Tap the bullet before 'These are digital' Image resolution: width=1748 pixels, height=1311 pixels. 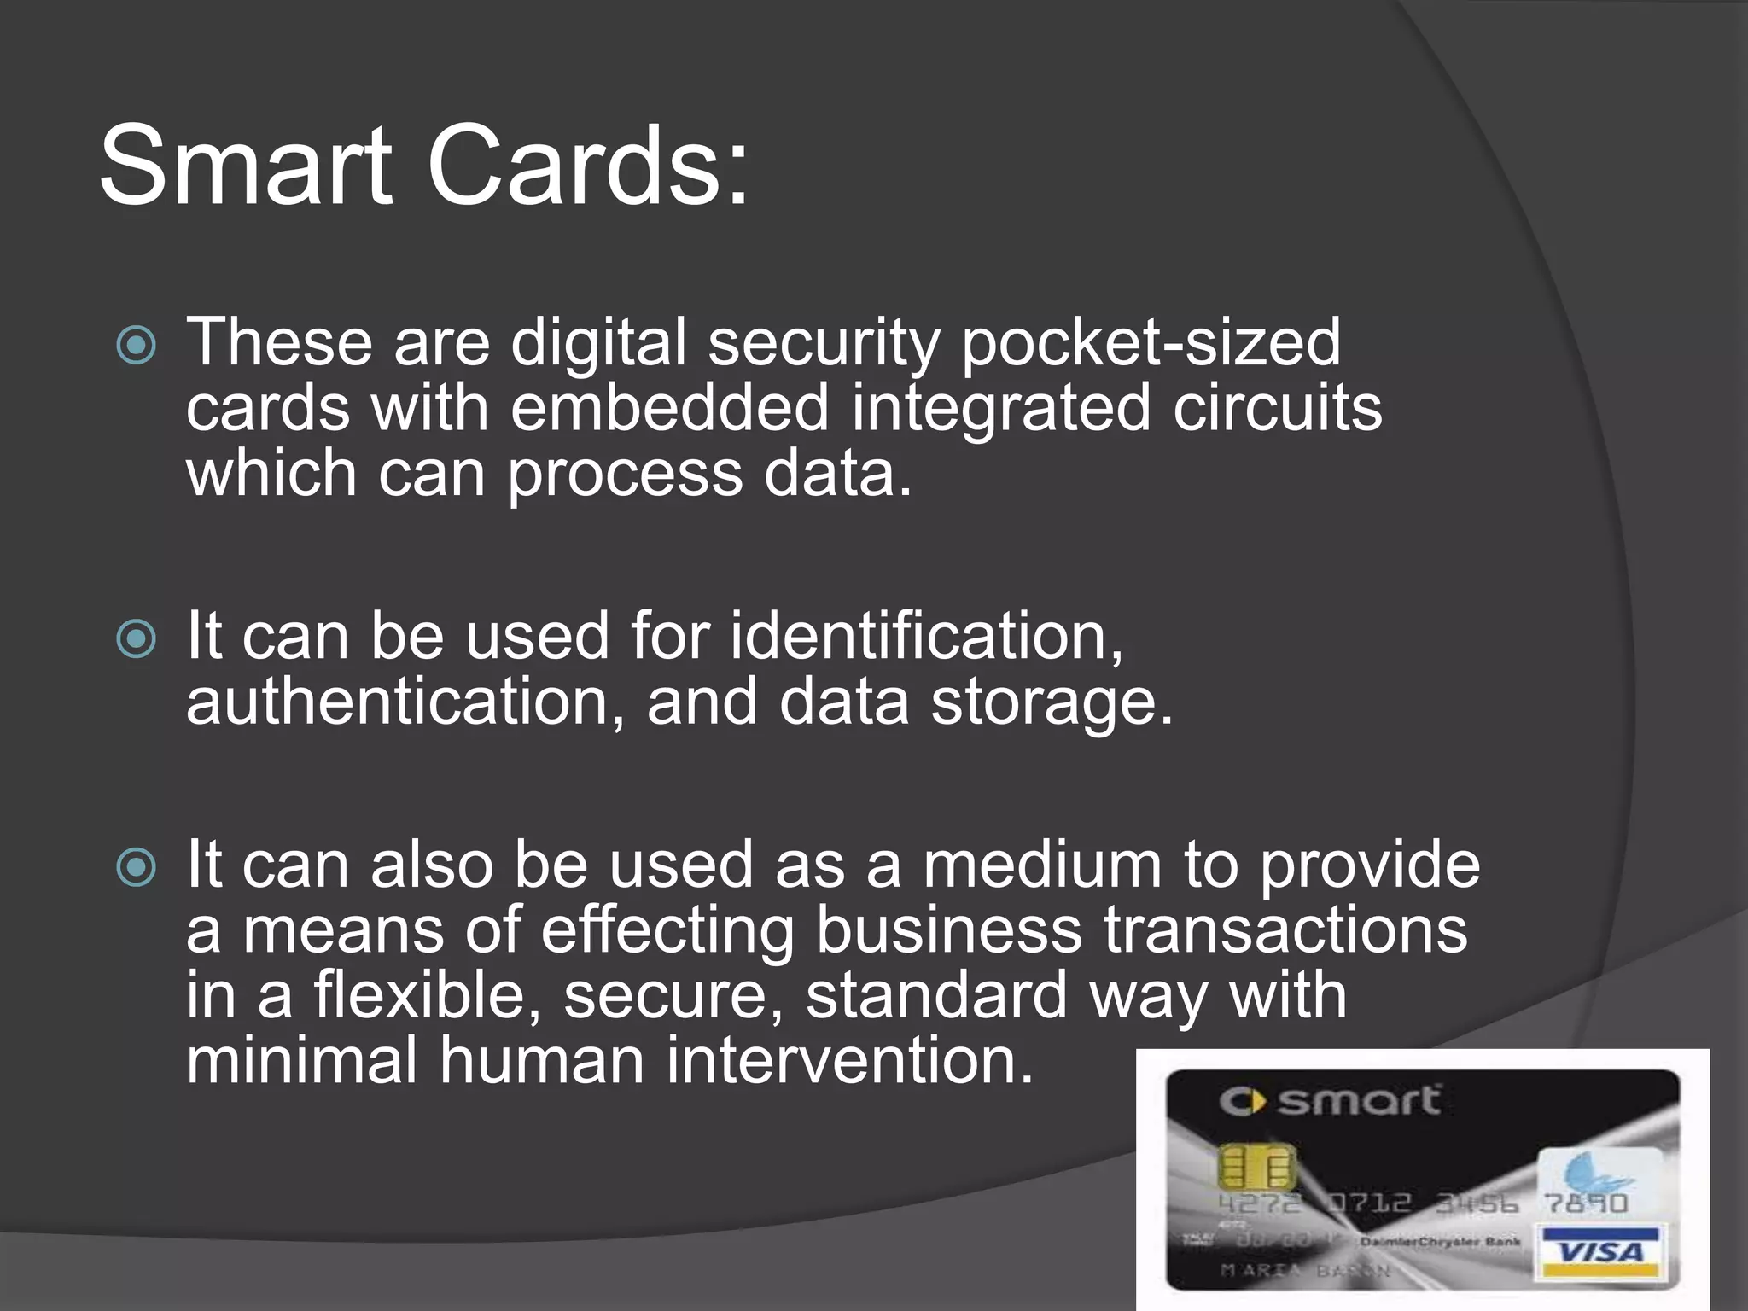pyautogui.click(x=137, y=346)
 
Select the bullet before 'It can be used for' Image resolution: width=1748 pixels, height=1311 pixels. pyautogui.click(x=137, y=639)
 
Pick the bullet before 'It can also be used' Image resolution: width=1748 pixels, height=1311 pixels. pyautogui.click(x=137, y=868)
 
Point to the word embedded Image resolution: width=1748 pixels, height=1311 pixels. pyautogui.click(x=670, y=407)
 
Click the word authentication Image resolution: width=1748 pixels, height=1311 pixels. pyautogui.click(x=405, y=702)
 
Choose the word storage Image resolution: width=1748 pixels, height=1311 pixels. pyautogui.click(x=1052, y=703)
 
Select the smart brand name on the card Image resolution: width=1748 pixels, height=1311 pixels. pyautogui.click(x=1359, y=1102)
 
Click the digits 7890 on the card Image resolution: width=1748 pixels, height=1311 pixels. pyautogui.click(x=1586, y=1203)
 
